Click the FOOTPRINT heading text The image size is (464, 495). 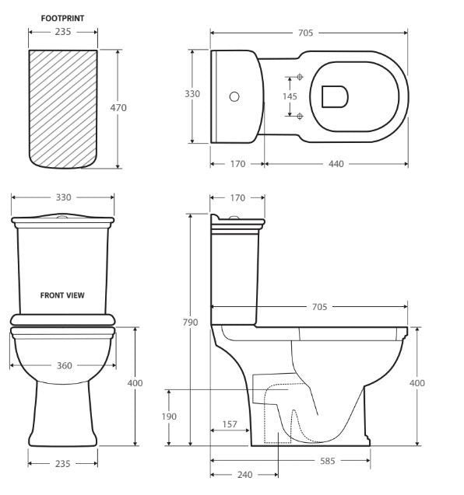tap(63, 16)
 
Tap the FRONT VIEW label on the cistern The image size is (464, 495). tap(62, 295)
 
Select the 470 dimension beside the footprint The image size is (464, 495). tap(118, 107)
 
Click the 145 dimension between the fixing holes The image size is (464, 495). tap(290, 96)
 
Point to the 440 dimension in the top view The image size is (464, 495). tap(336, 164)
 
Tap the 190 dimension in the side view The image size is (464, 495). tap(168, 417)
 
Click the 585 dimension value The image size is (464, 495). tap(327, 461)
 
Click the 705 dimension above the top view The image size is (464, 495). tap(306, 33)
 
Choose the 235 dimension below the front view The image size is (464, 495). tap(63, 463)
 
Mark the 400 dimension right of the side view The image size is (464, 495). tap(417, 383)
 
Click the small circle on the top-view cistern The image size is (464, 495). tap(234, 97)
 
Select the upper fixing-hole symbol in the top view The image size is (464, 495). tap(299, 78)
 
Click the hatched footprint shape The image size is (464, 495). tap(63, 109)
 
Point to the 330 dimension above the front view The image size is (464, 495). tap(63, 198)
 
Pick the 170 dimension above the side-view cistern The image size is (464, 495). tap(237, 198)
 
